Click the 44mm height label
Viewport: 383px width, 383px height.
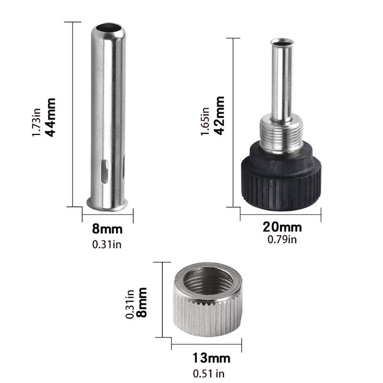[x=50, y=117]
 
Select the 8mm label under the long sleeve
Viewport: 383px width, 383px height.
[x=107, y=229]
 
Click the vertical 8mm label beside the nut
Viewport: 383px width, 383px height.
[x=142, y=302]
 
